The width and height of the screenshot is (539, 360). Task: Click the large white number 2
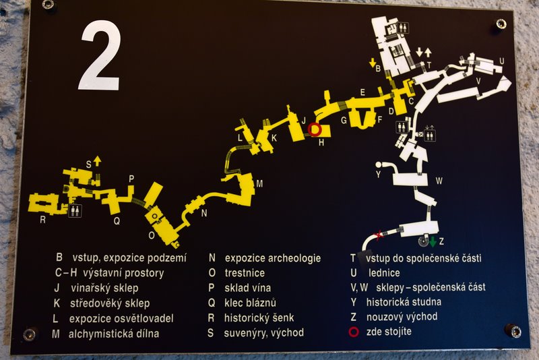click(x=100, y=56)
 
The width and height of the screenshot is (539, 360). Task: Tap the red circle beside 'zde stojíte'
click(x=354, y=332)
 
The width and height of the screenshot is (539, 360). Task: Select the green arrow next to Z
click(x=433, y=241)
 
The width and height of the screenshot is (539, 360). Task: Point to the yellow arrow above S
click(x=98, y=160)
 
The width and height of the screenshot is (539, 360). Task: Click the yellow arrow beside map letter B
click(x=373, y=63)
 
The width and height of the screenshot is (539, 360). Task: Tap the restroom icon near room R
click(x=75, y=210)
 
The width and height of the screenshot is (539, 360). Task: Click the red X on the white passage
click(x=379, y=235)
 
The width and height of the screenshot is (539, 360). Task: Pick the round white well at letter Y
click(x=379, y=164)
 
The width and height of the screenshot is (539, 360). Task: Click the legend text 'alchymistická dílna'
click(x=114, y=334)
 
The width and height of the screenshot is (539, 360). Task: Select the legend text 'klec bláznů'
click(x=250, y=303)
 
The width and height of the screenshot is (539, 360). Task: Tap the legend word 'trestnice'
click(x=245, y=273)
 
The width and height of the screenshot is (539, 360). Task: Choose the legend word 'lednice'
click(x=384, y=273)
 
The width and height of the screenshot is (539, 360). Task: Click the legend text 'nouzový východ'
click(x=402, y=317)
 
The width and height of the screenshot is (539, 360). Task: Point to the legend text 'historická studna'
click(x=404, y=302)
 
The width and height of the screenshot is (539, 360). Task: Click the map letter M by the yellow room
click(x=259, y=184)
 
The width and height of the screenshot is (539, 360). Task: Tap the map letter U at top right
click(x=501, y=61)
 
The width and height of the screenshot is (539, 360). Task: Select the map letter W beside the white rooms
click(x=439, y=181)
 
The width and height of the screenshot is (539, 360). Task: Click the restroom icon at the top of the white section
click(x=403, y=28)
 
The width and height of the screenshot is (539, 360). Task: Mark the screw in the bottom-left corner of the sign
click(x=29, y=334)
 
